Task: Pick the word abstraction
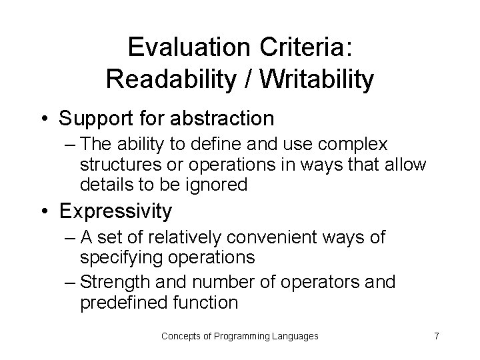pyautogui.click(x=224, y=119)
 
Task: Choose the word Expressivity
pyautogui.click(x=115, y=211)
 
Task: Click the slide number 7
pyautogui.click(x=436, y=335)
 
